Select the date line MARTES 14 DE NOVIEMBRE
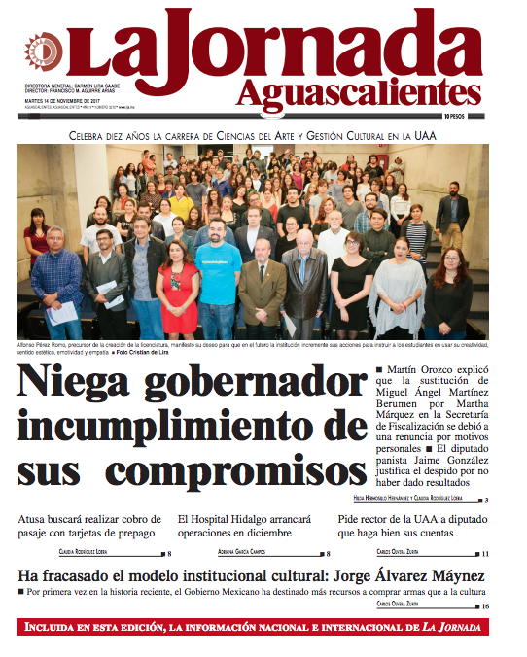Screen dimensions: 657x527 click(62, 100)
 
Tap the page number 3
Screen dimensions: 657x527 click(485, 500)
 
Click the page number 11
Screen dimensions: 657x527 click(484, 553)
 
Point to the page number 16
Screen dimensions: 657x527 click(484, 605)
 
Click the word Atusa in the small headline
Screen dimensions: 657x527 click(37, 519)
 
